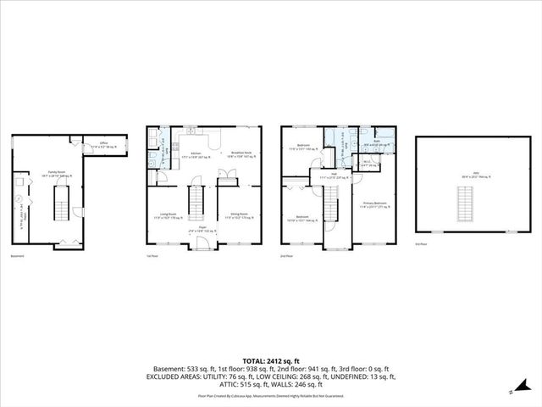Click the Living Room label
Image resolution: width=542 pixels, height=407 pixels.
tap(172, 216)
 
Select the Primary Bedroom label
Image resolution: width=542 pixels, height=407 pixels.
tap(373, 204)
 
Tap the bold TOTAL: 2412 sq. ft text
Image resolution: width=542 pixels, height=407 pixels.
tap(270, 360)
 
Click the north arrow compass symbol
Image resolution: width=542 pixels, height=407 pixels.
tap(511, 392)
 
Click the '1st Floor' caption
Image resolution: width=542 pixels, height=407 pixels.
tap(152, 256)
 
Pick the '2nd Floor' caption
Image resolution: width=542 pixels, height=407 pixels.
tap(286, 256)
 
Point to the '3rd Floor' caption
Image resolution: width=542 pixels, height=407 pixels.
tap(421, 244)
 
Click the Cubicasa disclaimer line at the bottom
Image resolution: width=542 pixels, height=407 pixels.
tap(270, 395)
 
